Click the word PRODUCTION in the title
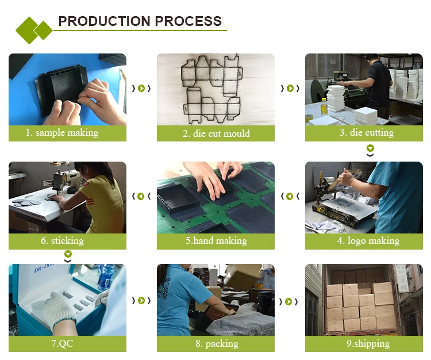pos(105,21)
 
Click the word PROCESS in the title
pos(188,21)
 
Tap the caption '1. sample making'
pos(62,133)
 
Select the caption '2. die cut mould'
pos(216,133)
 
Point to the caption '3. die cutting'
pos(367,133)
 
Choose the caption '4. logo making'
pos(368,240)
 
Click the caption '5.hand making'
pos(216,240)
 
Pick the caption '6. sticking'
pos(63,240)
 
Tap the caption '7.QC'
pos(63,343)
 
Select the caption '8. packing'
pos(217,344)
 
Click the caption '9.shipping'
pos(368,344)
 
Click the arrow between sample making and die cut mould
pos(141,89)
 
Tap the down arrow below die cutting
pos(370,151)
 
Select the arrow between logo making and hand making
pos(290,196)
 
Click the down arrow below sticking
pos(68,256)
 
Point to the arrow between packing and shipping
pos(288,302)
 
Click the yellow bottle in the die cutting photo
pos(324,106)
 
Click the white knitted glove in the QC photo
pos(55,309)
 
